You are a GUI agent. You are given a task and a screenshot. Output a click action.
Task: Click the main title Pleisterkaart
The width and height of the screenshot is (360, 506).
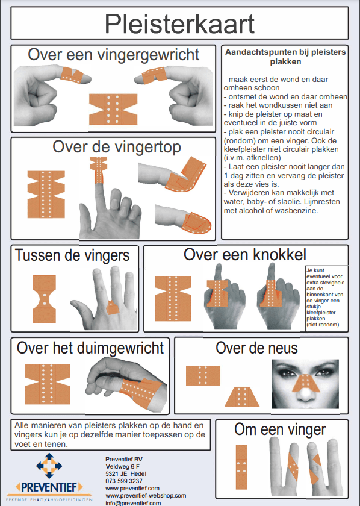(x=179, y=23)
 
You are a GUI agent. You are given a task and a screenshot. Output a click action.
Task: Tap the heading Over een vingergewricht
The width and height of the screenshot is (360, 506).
(x=114, y=55)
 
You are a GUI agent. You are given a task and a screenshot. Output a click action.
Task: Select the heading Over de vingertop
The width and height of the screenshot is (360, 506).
(x=116, y=147)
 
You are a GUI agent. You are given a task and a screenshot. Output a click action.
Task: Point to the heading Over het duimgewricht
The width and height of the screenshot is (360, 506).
(x=90, y=348)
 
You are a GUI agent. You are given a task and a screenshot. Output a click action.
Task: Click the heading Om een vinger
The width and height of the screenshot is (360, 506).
(x=280, y=430)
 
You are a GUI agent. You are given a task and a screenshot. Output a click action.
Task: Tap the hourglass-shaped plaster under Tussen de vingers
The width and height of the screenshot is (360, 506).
(x=45, y=299)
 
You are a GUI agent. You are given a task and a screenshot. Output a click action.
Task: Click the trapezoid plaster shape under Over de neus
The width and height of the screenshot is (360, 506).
(x=242, y=396)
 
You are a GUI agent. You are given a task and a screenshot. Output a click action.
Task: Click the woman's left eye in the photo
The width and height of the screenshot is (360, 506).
(x=323, y=372)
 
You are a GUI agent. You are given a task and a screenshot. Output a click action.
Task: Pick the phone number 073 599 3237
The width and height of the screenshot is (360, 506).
(x=124, y=481)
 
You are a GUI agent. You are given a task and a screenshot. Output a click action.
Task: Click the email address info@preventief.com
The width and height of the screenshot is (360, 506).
(x=133, y=503)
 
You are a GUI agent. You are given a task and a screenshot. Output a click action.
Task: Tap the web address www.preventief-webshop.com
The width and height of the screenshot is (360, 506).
(x=146, y=495)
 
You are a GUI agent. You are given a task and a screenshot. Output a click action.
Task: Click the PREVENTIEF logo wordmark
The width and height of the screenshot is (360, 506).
(x=49, y=487)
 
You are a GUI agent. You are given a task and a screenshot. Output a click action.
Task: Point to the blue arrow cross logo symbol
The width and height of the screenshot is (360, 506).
(x=49, y=465)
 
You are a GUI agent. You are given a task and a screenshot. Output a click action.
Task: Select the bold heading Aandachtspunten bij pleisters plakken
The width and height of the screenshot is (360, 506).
(x=285, y=57)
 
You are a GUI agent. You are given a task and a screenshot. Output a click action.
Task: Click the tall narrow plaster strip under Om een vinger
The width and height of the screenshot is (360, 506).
(x=241, y=467)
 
